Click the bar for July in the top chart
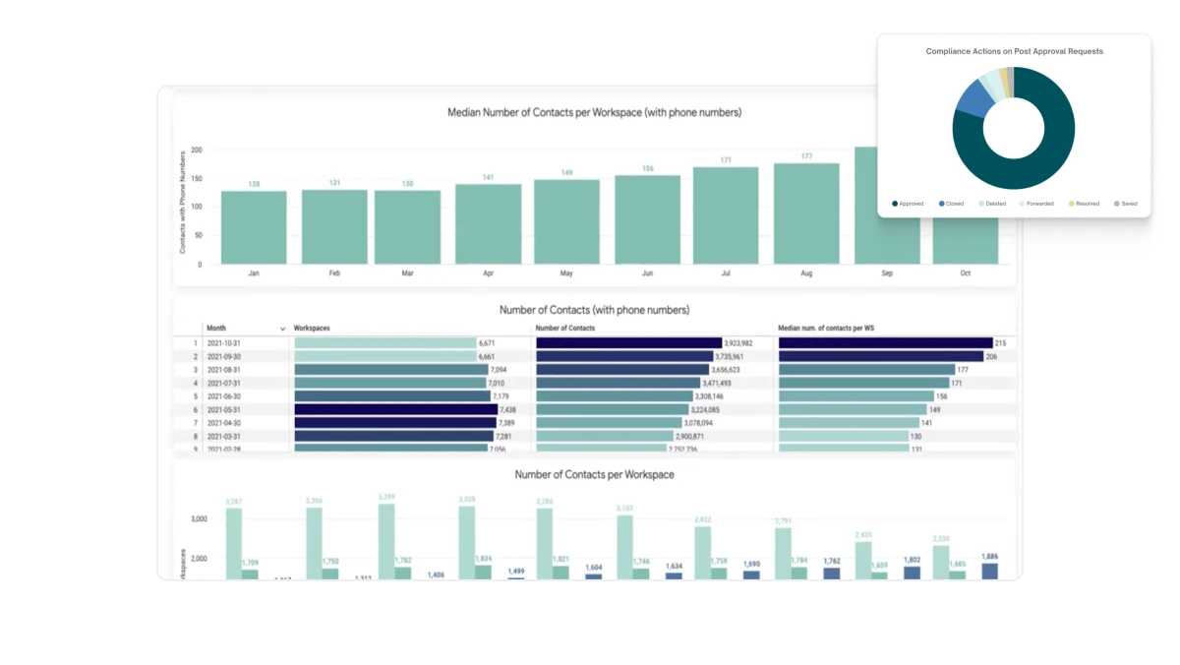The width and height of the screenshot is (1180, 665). (x=726, y=215)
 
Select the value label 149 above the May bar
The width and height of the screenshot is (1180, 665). (x=566, y=173)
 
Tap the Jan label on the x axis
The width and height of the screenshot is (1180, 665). (x=254, y=273)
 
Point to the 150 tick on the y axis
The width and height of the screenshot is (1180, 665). (x=197, y=178)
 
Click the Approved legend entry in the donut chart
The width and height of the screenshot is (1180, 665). (x=908, y=204)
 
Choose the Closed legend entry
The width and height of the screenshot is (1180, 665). (x=952, y=204)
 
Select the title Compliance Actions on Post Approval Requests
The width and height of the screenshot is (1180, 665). (x=1014, y=51)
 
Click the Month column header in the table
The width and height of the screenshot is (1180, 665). (x=217, y=329)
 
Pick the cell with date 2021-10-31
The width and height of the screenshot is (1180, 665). (x=224, y=343)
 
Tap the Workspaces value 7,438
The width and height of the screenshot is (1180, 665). (x=507, y=409)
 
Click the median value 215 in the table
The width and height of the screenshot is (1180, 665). (x=1000, y=343)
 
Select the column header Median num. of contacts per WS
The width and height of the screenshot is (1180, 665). (x=826, y=329)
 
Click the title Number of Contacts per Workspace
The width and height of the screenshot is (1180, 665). (x=594, y=475)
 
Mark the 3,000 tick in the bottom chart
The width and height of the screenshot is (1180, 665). (x=199, y=518)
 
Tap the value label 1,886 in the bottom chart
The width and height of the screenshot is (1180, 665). (x=989, y=556)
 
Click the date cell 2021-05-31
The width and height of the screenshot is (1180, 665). (x=224, y=409)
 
